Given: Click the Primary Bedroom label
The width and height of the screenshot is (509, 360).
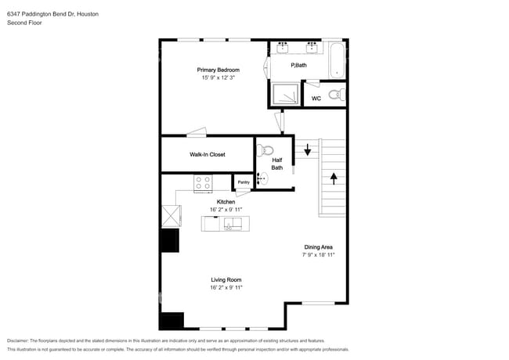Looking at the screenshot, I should point(217,70).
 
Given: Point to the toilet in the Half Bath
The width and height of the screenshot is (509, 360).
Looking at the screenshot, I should point(265,151).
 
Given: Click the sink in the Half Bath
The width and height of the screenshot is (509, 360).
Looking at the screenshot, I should point(261,179).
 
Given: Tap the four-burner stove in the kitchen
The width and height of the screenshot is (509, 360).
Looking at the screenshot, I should point(204,183).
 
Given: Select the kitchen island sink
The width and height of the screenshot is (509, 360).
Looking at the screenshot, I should point(233,224).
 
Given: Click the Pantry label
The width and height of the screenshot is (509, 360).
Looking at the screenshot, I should point(244,182).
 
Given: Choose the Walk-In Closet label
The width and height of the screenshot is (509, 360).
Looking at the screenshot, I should point(208,154).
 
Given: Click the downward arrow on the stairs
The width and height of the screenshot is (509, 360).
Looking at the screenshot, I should point(308,149).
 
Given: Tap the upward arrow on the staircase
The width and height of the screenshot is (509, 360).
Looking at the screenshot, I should point(334,178).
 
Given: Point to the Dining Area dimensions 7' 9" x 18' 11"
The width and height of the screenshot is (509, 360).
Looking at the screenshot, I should point(319,255).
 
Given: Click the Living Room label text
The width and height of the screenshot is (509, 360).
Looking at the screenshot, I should point(226,279).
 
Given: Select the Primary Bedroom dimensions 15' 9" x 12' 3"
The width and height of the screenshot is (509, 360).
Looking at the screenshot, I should point(217,78).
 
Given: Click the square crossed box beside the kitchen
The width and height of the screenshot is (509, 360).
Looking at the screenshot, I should point(171,215).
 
